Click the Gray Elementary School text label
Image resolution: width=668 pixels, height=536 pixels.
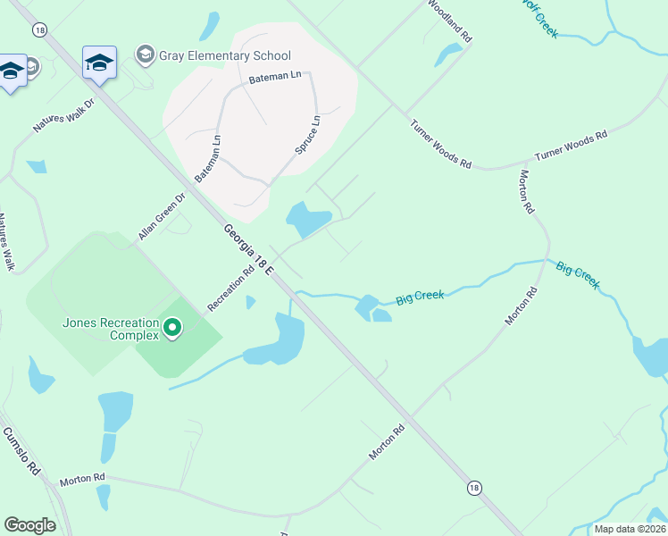pos(225,55)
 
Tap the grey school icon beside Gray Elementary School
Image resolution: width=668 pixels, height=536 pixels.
pos(145,55)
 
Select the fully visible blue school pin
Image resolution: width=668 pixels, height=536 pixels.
pos(99,63)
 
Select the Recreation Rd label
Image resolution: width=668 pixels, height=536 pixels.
pos(230,290)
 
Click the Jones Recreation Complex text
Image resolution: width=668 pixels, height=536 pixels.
pos(110,330)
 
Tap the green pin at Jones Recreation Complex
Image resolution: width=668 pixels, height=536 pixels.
pos(173,331)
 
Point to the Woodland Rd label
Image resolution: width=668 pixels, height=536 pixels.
pos(449,21)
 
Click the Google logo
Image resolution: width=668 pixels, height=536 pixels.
pos(29,525)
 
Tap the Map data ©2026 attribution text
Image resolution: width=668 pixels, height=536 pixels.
pos(630,529)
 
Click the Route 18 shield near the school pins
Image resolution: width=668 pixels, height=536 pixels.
pos(38,29)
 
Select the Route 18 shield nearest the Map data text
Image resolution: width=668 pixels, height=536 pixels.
pos(473,488)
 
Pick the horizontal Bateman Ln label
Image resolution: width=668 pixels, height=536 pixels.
pos(276,79)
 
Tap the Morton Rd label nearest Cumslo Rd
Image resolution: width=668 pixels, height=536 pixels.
pos(82,480)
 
